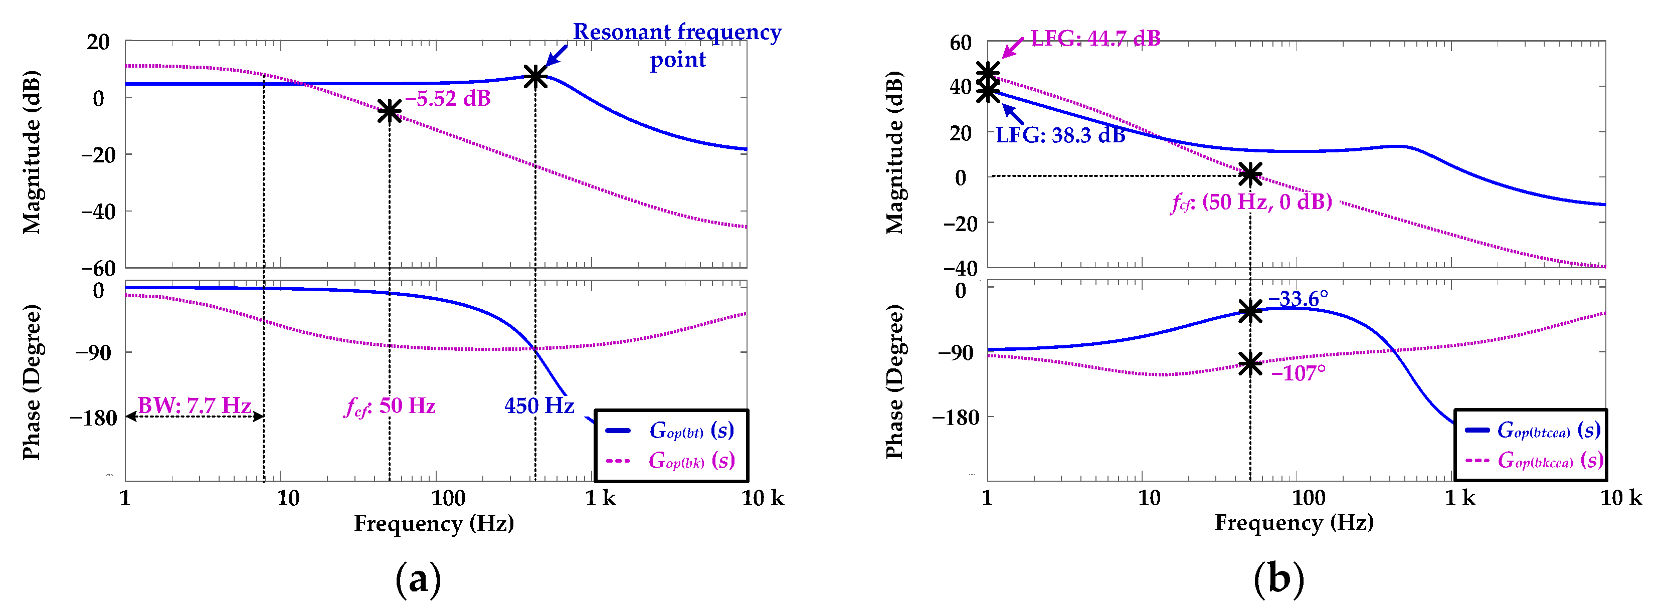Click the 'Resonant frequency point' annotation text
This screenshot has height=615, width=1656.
click(x=677, y=45)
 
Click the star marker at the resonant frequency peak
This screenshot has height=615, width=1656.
click(x=535, y=77)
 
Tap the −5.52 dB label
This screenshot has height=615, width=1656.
click(x=448, y=98)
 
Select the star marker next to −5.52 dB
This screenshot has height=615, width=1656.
click(x=389, y=111)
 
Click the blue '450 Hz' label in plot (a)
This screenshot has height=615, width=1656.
click(x=539, y=405)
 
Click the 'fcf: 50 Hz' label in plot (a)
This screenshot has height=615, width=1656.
click(x=390, y=406)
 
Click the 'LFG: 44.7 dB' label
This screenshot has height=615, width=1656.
click(x=1095, y=39)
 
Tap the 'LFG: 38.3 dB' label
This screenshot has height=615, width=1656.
click(x=1061, y=135)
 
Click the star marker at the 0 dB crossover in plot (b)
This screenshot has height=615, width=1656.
click(x=1250, y=174)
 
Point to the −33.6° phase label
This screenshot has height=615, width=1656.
click(x=1298, y=299)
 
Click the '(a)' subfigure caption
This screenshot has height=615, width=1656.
click(x=419, y=579)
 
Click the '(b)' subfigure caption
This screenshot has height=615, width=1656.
click(x=1278, y=579)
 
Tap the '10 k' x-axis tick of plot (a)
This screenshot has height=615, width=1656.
click(x=763, y=498)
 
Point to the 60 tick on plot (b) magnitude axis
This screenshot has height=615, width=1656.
click(x=961, y=43)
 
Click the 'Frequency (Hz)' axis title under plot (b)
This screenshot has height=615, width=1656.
click(x=1294, y=522)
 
